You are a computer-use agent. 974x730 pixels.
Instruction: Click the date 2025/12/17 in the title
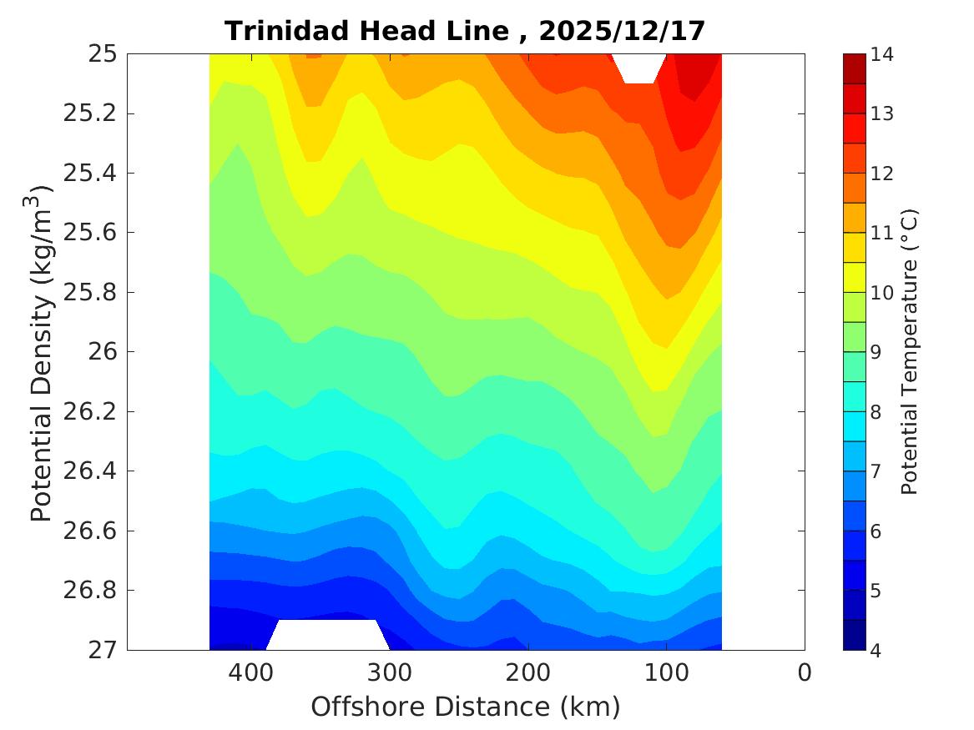623,31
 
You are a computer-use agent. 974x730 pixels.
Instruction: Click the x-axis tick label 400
250,672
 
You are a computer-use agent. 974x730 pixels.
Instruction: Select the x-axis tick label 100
666,672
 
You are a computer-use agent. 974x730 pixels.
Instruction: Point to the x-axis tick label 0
805,672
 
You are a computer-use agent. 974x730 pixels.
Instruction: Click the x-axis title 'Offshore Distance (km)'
466,707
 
